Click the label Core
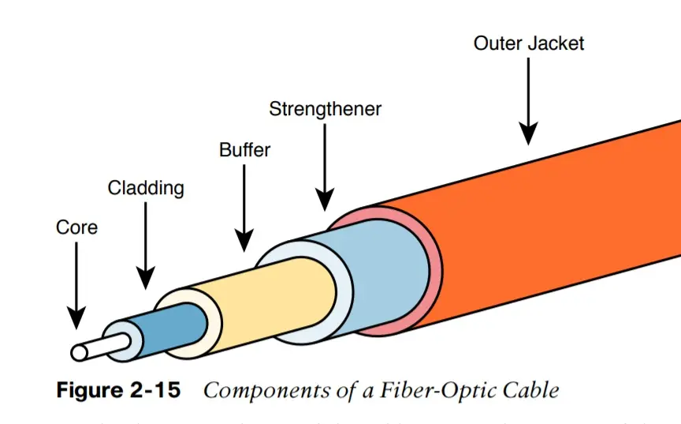[x=77, y=227]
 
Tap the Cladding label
[x=146, y=188]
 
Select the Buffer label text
[x=244, y=148]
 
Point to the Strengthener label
[x=325, y=108]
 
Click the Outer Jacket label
[x=529, y=43]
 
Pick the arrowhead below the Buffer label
[x=244, y=240]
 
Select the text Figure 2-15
[x=118, y=390]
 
